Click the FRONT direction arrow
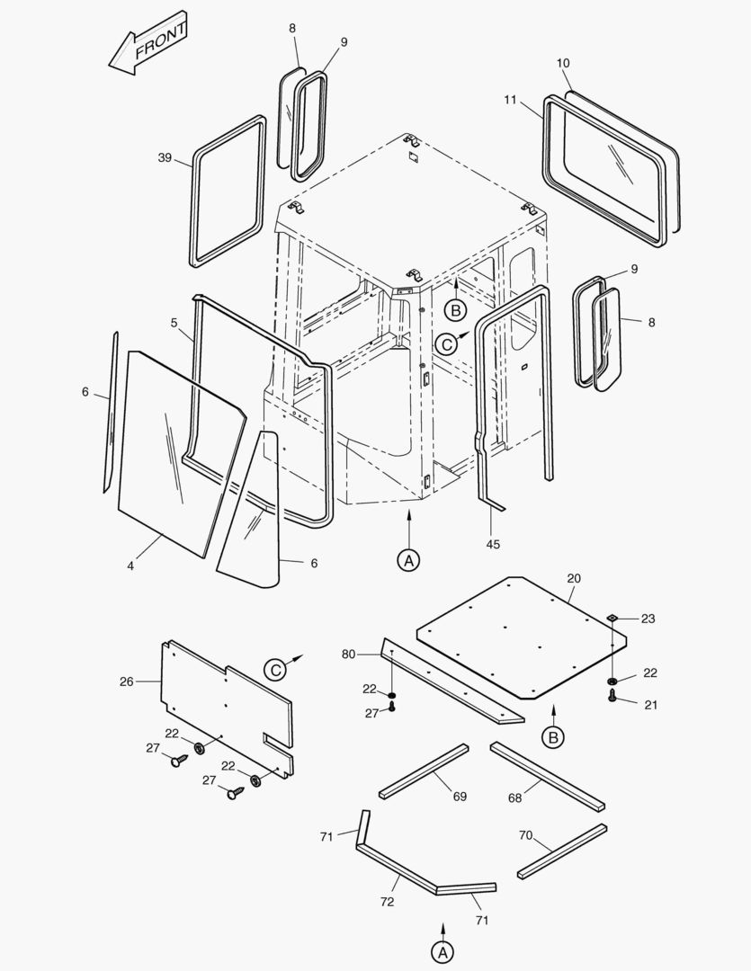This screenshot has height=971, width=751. pos(148,43)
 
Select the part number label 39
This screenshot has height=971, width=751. pos(165,158)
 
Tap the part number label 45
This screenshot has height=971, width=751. pos(493,544)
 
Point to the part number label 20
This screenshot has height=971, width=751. pos(574,578)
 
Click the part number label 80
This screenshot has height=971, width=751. pos(349,654)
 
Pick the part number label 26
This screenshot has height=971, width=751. pos(126,681)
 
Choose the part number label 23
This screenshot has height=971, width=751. pos(648,619)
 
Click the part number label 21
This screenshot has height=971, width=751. pos(650,705)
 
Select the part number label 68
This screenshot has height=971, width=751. pos(514,797)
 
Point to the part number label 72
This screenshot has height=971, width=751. pos(388,900)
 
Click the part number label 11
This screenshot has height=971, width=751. pos(510,100)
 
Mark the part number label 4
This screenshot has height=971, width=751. pos(130,566)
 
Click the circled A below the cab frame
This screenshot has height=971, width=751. pos(408,559)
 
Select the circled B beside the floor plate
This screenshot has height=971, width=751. pos(553,737)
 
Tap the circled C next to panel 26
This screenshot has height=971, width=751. pos(275,670)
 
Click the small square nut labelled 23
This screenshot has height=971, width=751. pos(612,618)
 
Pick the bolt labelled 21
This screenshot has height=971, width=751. pos(612,698)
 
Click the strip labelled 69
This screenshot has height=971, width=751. pos(423,771)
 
